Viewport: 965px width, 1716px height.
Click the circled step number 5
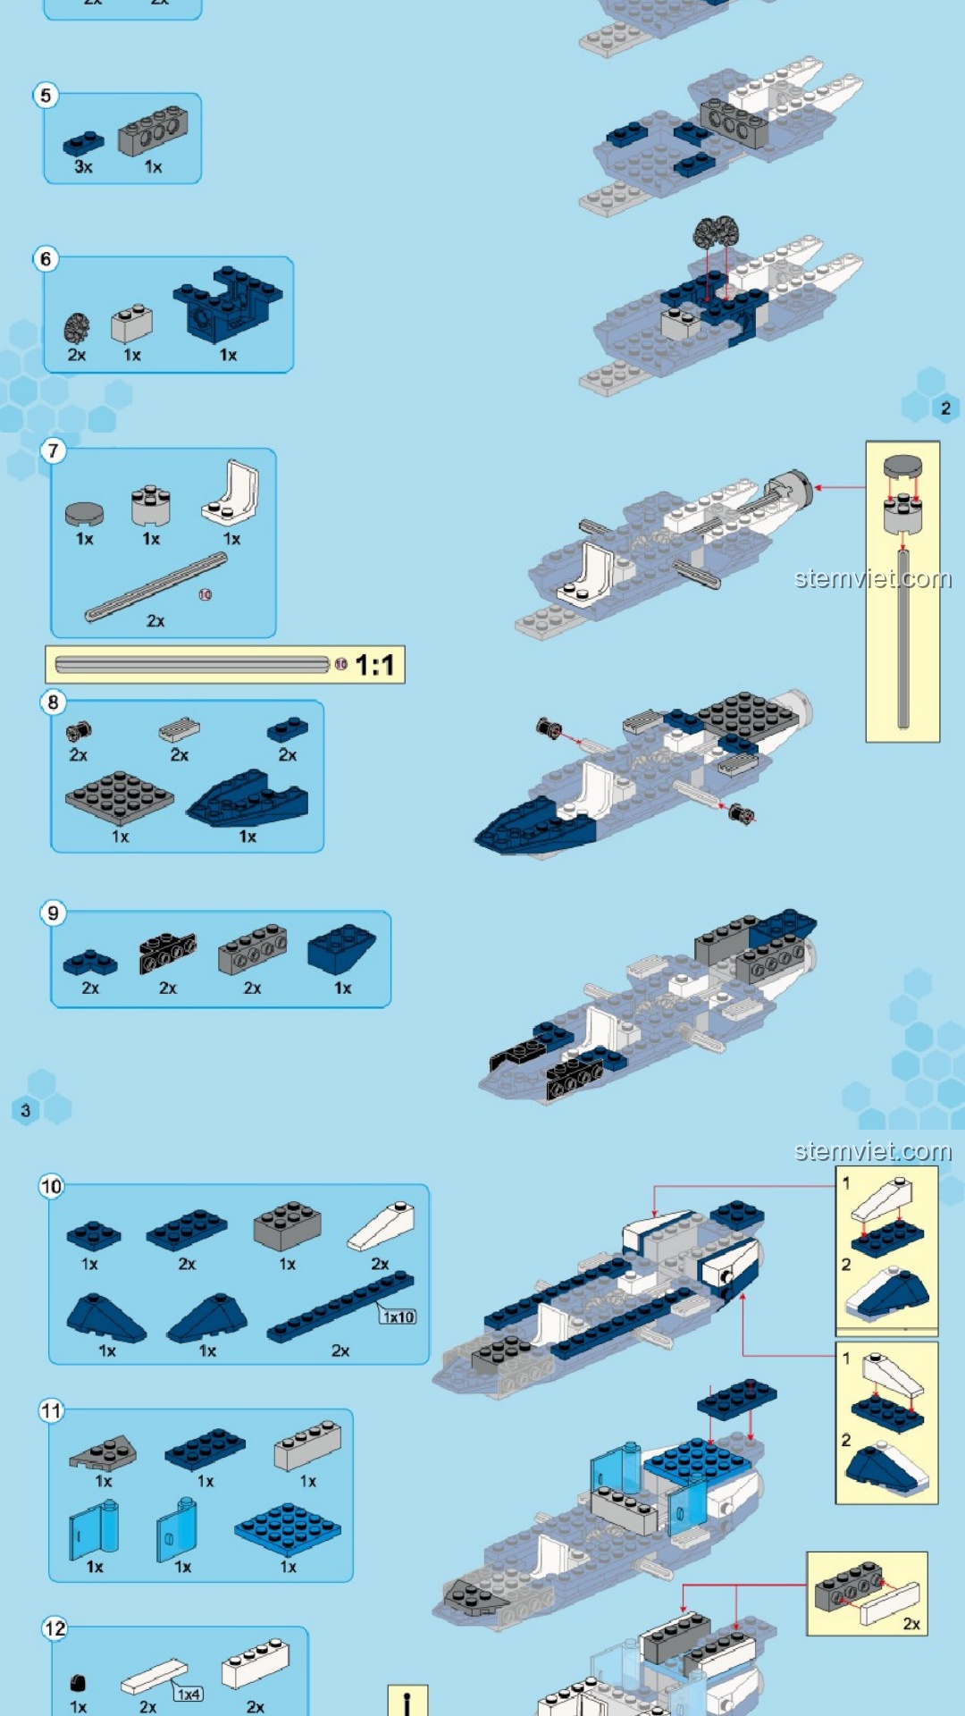(x=46, y=95)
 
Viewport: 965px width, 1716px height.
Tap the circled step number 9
(x=53, y=913)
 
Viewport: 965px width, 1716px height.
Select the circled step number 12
(x=55, y=1628)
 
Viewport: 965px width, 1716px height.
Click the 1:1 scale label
(x=374, y=665)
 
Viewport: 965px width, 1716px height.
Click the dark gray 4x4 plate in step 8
(x=120, y=796)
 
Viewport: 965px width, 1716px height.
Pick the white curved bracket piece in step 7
(x=231, y=492)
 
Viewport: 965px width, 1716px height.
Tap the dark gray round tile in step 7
(x=84, y=513)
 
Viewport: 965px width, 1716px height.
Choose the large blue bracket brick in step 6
(x=228, y=305)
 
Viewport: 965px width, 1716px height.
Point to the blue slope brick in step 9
(x=341, y=949)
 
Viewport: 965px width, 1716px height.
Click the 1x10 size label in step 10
(x=399, y=1316)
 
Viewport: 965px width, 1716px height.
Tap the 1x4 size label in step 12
(x=189, y=1695)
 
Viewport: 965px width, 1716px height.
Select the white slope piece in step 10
(x=381, y=1226)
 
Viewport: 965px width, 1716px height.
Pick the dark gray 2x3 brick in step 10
(x=287, y=1225)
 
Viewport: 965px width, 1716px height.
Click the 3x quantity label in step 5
(x=83, y=167)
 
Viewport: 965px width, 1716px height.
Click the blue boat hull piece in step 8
(x=248, y=798)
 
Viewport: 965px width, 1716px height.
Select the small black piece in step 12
(x=78, y=1683)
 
